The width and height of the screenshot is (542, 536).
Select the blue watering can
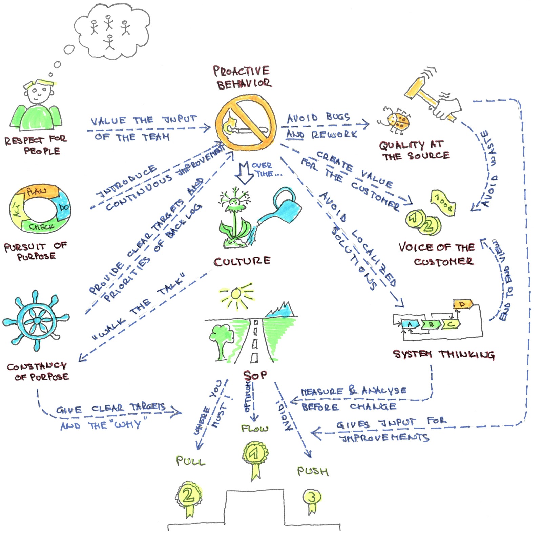287,207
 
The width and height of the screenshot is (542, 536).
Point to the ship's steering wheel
37,320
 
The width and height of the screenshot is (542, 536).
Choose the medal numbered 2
188,496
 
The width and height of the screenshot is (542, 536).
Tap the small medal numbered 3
312,498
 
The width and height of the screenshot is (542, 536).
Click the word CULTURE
242,261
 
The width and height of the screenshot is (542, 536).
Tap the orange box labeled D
462,304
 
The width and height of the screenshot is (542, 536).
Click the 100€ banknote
443,203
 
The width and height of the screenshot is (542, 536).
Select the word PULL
190,461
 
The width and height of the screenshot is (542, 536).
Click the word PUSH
312,471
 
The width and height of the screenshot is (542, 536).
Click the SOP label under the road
255,375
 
